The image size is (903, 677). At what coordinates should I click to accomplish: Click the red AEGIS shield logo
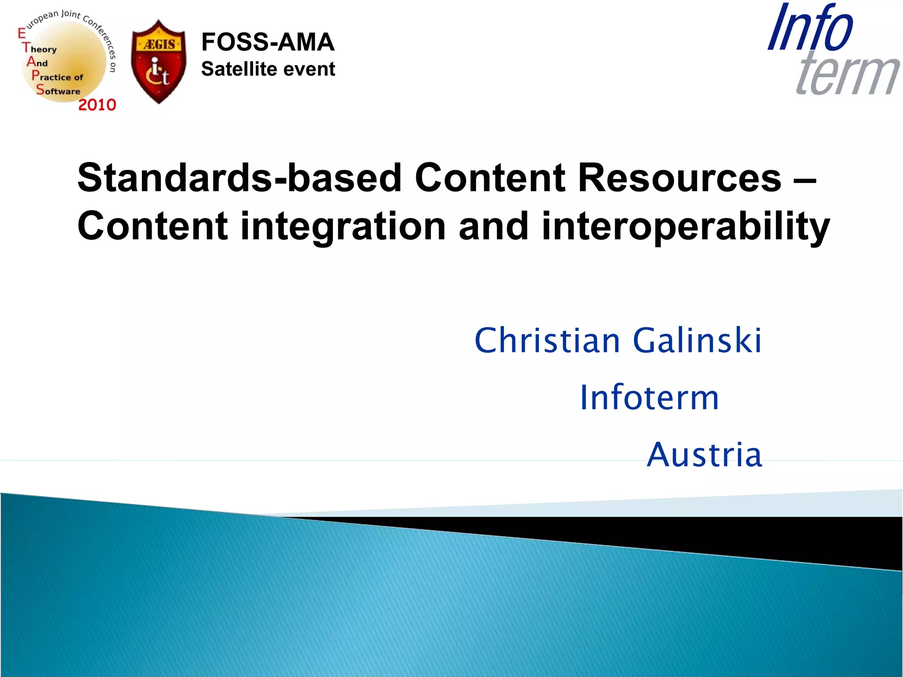(158, 62)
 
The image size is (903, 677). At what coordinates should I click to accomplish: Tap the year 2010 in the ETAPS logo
(97, 105)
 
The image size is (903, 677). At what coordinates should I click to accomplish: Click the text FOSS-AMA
(268, 42)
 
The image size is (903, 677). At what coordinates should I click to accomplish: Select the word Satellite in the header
(239, 69)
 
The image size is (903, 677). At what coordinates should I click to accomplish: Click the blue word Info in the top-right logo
(810, 28)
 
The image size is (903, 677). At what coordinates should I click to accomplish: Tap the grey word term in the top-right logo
(847, 73)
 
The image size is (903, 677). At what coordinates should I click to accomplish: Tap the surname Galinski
(697, 341)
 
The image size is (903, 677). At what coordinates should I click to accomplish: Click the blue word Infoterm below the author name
(649, 398)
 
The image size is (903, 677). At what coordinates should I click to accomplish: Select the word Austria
(704, 455)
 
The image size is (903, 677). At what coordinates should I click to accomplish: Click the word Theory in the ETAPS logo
(40, 49)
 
